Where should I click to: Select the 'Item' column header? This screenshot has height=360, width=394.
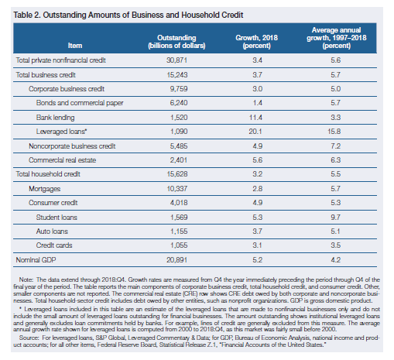75,46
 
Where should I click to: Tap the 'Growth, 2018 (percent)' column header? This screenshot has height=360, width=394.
257,42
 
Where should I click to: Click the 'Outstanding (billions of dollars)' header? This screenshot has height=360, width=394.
176,42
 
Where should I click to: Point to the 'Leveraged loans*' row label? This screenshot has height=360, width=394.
61,132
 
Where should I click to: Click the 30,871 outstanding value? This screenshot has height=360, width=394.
176,60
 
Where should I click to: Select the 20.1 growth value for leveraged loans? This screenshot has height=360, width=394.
255,132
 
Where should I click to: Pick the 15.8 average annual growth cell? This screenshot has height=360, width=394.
334,132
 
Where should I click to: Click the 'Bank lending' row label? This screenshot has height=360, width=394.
55,118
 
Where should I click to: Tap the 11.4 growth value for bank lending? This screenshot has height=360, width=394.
255,118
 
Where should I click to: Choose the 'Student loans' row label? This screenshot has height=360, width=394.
57,218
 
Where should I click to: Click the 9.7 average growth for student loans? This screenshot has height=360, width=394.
335,218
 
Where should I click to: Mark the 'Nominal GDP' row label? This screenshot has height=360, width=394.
36,259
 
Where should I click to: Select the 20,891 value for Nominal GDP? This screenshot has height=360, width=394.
176,259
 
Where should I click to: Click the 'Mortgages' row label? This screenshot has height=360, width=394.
44,189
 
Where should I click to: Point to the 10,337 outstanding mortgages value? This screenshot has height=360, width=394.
177,189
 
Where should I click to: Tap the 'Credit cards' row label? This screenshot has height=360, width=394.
54,245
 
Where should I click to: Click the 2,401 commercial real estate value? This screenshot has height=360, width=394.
179,160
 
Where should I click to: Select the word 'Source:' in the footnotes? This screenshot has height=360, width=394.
29,338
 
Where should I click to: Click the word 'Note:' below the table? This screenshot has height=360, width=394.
26,279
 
